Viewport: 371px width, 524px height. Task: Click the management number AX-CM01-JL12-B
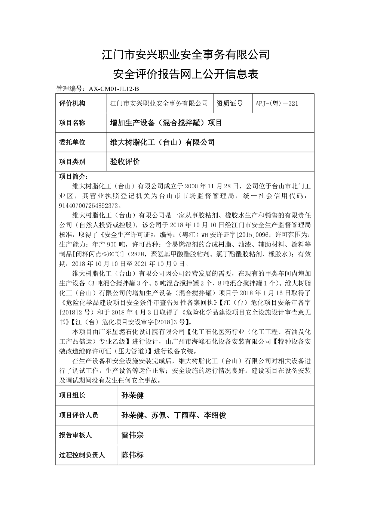click(x=114, y=89)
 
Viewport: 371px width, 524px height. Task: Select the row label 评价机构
click(x=72, y=103)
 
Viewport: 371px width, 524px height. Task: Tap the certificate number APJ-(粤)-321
click(x=277, y=103)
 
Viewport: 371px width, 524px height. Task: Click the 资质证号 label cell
click(x=230, y=103)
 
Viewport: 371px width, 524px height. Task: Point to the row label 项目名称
click(x=72, y=123)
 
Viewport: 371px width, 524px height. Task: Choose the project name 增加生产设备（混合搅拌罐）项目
click(x=166, y=123)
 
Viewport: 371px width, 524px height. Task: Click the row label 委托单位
click(x=72, y=142)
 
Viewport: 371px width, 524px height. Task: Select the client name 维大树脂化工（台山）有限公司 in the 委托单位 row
click(x=162, y=142)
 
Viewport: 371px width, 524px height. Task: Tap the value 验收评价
click(x=125, y=162)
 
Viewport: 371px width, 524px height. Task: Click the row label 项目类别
click(x=72, y=162)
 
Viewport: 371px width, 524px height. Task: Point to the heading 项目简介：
click(x=74, y=176)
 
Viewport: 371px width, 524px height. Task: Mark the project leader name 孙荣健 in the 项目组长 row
click(x=133, y=396)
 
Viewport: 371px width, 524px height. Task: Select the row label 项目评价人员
click(x=79, y=415)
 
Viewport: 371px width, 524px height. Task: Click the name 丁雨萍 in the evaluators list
click(x=185, y=415)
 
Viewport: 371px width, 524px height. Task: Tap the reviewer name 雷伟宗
click(x=133, y=435)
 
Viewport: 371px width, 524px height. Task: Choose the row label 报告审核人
click(x=75, y=435)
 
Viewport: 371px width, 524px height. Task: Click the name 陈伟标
click(x=133, y=455)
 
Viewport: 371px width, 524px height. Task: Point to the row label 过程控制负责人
click(x=82, y=455)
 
